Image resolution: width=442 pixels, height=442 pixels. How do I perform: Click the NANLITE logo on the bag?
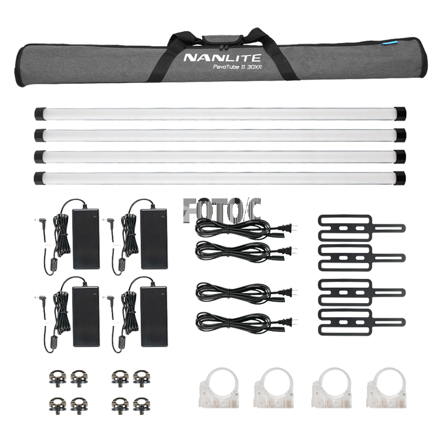222,57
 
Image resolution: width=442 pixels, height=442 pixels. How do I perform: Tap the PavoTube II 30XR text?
238,67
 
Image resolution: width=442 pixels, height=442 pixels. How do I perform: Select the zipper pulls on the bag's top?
222,47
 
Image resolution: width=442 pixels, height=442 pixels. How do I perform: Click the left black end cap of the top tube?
40,113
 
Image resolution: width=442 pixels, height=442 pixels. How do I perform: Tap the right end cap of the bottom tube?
399,178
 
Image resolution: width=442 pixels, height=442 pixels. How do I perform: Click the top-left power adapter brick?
86,239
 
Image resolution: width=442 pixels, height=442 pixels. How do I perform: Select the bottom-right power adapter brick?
154,316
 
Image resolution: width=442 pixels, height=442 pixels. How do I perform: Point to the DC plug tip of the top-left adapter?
36,219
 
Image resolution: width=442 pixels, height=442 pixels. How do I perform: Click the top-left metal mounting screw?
57,377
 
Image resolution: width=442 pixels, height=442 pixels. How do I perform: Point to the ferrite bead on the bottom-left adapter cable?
53,340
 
